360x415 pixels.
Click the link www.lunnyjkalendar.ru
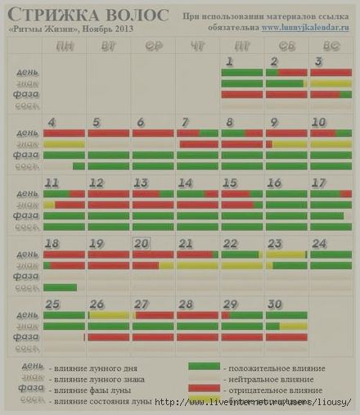299,28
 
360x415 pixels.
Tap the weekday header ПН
64,45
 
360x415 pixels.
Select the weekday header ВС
331,45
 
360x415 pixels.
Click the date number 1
229,61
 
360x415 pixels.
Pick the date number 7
185,122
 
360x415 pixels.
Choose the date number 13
141,183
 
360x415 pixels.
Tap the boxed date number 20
142,243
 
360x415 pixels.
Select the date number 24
319,243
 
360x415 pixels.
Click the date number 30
275,304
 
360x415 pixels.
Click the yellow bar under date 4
64,144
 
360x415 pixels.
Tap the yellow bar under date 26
109,315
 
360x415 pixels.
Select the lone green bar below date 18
60,287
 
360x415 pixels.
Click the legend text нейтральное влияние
275,379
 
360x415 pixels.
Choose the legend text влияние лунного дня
92,368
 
